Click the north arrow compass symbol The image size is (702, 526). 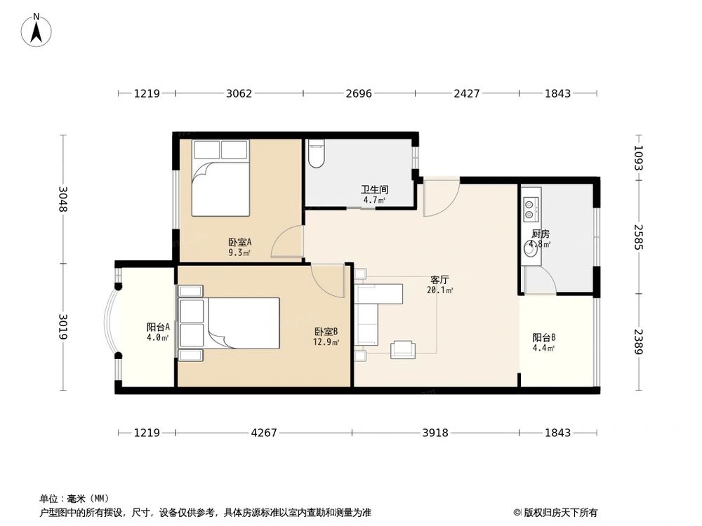click(x=37, y=30)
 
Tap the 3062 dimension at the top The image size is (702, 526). click(x=239, y=93)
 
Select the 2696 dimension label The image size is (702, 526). click(x=359, y=93)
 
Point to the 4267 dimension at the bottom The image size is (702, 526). click(x=264, y=433)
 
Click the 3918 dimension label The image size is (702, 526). click(x=435, y=433)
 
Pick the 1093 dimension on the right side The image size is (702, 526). click(x=638, y=158)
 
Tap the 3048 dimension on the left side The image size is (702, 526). click(x=63, y=199)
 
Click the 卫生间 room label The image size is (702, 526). click(x=374, y=189)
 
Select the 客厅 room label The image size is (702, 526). click(x=439, y=280)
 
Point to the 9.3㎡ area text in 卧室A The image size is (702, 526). click(x=239, y=252)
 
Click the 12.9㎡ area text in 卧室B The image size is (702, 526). click(x=326, y=342)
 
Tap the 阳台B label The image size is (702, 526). click(x=544, y=338)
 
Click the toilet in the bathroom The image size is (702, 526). click(x=317, y=154)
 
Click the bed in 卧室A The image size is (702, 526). click(x=220, y=178)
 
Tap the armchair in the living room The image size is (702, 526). click(x=402, y=349)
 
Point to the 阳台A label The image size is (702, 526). click(x=158, y=327)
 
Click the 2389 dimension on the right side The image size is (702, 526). click(x=638, y=342)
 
